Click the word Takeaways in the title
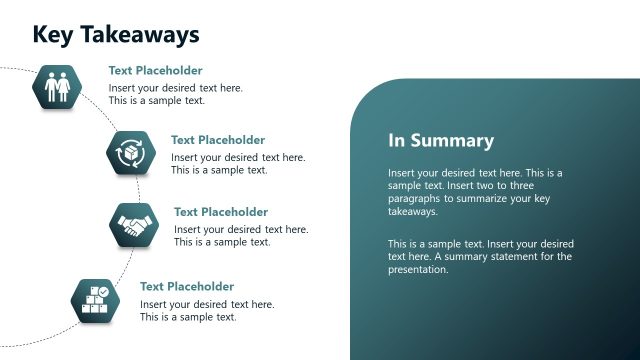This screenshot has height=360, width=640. [x=139, y=35]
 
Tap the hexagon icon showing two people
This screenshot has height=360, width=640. [x=57, y=86]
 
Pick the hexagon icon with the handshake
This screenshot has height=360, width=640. [x=134, y=225]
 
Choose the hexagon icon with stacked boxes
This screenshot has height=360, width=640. [x=96, y=299]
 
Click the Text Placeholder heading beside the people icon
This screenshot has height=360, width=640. [x=155, y=71]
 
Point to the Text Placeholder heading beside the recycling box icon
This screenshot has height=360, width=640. [x=218, y=140]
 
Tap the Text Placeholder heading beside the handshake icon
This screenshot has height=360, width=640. [x=221, y=212]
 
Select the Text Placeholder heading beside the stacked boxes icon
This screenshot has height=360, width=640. [x=187, y=286]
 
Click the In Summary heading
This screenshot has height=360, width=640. [x=441, y=141]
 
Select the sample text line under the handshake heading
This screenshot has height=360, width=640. [x=222, y=242]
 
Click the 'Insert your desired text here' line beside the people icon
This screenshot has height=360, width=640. [x=176, y=88]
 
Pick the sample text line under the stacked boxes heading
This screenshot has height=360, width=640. [x=188, y=317]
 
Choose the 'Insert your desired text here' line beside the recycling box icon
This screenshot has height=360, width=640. [x=238, y=157]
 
